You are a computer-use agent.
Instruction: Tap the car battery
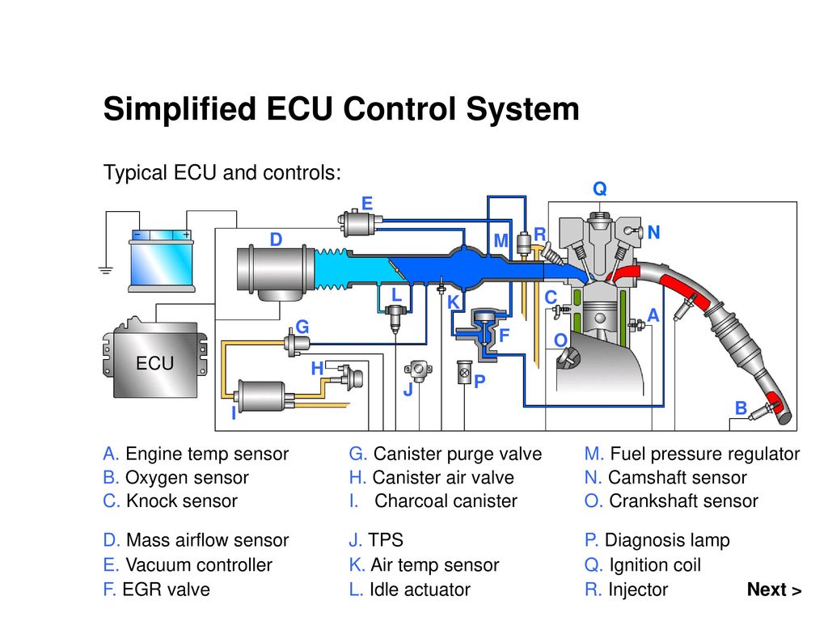[163, 260]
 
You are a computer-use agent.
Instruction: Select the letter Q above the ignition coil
[599, 188]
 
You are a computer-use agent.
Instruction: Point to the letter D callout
[276, 240]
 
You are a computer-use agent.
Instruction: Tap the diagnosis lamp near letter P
[464, 373]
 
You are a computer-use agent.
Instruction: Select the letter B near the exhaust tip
[740, 409]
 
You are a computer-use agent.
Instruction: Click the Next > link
[774, 589]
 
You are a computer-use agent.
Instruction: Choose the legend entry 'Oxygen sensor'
[187, 477]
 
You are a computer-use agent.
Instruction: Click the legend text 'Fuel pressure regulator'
[704, 454]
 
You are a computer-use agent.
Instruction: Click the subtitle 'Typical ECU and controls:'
[222, 172]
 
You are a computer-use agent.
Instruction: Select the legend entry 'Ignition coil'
[654, 565]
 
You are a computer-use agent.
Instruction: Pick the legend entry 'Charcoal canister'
[446, 501]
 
